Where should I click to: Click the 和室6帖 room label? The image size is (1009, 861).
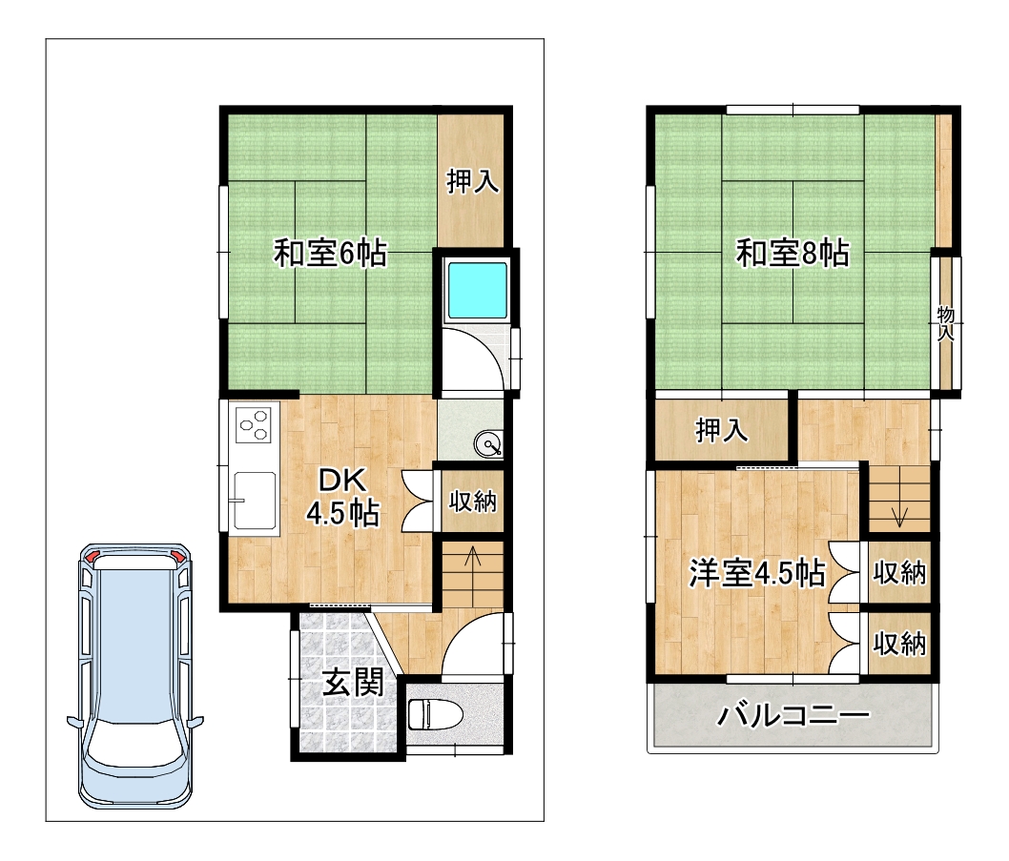point(330,253)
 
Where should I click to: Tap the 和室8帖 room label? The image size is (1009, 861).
point(793,253)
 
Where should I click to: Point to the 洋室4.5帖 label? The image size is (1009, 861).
point(757,572)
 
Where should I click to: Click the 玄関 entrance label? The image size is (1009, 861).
point(353,682)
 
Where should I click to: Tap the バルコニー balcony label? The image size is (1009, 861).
point(793,715)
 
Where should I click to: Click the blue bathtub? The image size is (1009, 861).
point(477,291)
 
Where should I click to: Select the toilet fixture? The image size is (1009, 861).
point(435,714)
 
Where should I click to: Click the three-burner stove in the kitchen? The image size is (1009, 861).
point(254,424)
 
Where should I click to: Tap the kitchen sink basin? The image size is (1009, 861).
point(255,500)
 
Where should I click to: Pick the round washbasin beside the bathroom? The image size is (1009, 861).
point(487,443)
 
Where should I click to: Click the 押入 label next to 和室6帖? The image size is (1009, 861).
point(473,181)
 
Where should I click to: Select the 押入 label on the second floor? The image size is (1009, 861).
point(722,431)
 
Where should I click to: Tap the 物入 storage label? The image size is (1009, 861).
point(945,323)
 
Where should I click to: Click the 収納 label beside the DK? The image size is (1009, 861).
point(473,501)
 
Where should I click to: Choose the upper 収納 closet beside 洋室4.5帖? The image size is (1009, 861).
point(899,572)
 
